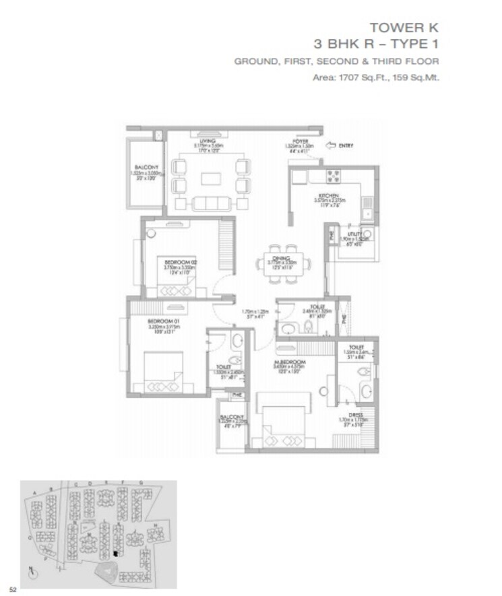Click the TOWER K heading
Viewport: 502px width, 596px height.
(404, 28)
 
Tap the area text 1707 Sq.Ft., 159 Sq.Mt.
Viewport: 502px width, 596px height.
(376, 77)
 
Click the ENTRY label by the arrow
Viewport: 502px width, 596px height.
(346, 145)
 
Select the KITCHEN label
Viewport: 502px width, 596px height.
(328, 196)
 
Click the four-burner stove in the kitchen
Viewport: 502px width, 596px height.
(334, 177)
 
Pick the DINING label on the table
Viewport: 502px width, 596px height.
(281, 257)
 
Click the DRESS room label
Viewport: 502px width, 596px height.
(356, 415)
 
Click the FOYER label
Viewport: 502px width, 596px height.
(292, 141)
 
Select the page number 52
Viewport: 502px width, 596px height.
(12, 589)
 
